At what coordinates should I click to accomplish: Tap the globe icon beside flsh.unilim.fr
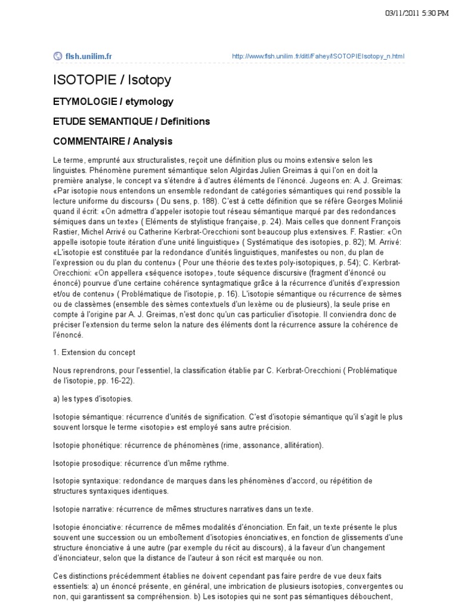pyautogui.click(x=58, y=57)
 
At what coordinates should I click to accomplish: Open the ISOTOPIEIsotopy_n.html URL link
pyautogui.click(x=318, y=57)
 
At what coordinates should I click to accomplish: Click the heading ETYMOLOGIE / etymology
pyautogui.click(x=113, y=101)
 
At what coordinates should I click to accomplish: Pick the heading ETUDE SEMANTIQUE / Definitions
pyautogui.click(x=132, y=122)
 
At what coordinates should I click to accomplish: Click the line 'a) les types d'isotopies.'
pyautogui.click(x=93, y=398)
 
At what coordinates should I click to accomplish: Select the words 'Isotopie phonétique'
pyautogui.click(x=83, y=445)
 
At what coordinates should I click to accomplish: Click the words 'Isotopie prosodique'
pyautogui.click(x=83, y=463)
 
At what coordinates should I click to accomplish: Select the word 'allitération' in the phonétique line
pyautogui.click(x=301, y=445)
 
